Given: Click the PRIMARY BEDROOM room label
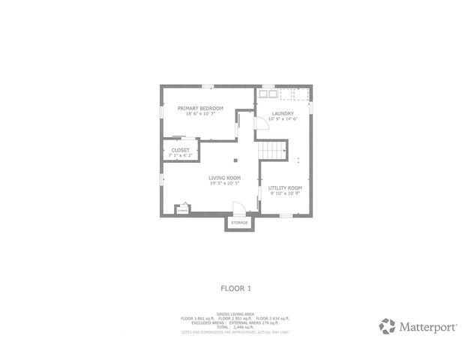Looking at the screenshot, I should point(200,108).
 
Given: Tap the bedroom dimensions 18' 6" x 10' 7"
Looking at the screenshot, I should point(200,113).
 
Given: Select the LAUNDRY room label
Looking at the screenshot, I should point(283,113).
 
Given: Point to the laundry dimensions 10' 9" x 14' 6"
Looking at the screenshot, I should point(283,118).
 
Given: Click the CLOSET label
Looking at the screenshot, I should point(180,150).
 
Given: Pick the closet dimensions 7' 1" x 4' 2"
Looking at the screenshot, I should point(180,154).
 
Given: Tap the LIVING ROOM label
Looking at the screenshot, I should point(224,178).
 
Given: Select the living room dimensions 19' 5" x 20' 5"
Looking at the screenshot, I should point(224,183).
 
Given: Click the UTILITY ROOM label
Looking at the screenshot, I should point(285,187).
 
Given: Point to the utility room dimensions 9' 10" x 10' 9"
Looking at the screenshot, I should point(285,193).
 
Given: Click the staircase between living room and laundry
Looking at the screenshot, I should point(274,151).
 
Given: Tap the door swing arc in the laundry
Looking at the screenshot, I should point(263,130).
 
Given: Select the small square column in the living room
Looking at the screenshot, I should point(235,159).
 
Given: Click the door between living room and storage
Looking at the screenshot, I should point(238,209).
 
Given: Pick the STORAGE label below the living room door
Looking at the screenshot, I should point(239,223).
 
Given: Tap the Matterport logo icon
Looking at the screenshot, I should point(388,325).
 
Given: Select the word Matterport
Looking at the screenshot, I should point(426,326).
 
